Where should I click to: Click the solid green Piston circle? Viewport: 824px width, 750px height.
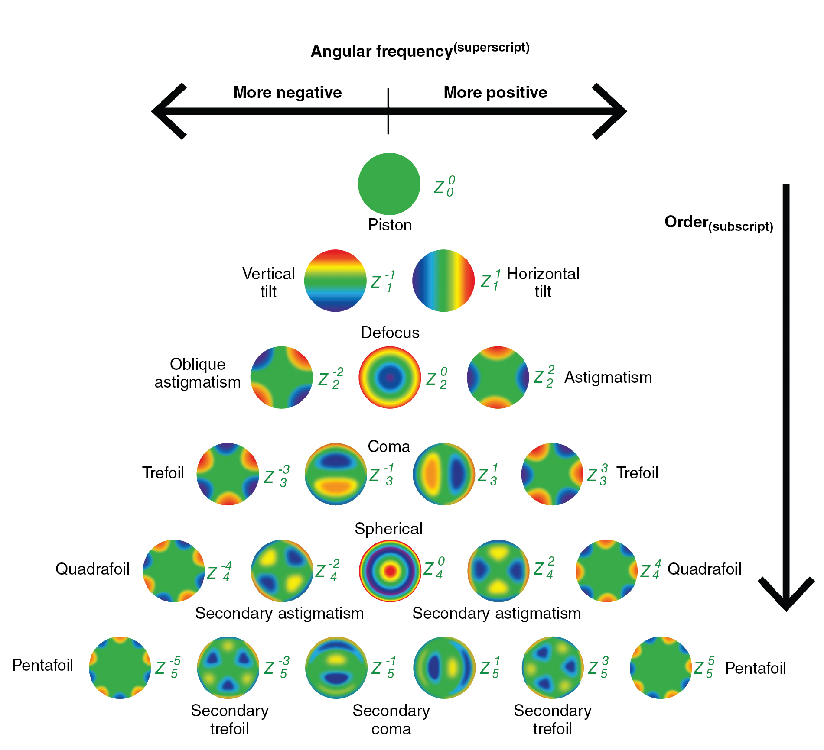(x=389, y=184)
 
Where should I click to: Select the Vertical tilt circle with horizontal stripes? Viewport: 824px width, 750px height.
(x=335, y=281)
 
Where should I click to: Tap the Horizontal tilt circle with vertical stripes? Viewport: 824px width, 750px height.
(x=443, y=281)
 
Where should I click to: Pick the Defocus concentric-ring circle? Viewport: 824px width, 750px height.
(x=390, y=377)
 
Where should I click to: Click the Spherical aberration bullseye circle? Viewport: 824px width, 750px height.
(x=390, y=571)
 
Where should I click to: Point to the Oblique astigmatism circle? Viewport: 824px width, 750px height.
(x=281, y=377)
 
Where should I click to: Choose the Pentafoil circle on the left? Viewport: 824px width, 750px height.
(x=120, y=667)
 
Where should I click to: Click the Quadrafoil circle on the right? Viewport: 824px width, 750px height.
(x=606, y=571)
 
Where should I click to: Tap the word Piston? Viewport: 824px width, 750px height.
(x=390, y=225)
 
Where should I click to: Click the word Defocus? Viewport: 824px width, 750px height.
(x=390, y=333)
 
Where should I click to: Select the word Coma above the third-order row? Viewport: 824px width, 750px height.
(x=389, y=446)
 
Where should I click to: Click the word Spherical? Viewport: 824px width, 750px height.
(x=388, y=529)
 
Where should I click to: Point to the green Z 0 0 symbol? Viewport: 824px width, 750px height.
(x=444, y=187)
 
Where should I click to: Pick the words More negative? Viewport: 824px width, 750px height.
(x=287, y=92)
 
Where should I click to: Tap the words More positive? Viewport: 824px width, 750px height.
(x=495, y=92)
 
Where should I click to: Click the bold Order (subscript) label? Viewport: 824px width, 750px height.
(x=718, y=223)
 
